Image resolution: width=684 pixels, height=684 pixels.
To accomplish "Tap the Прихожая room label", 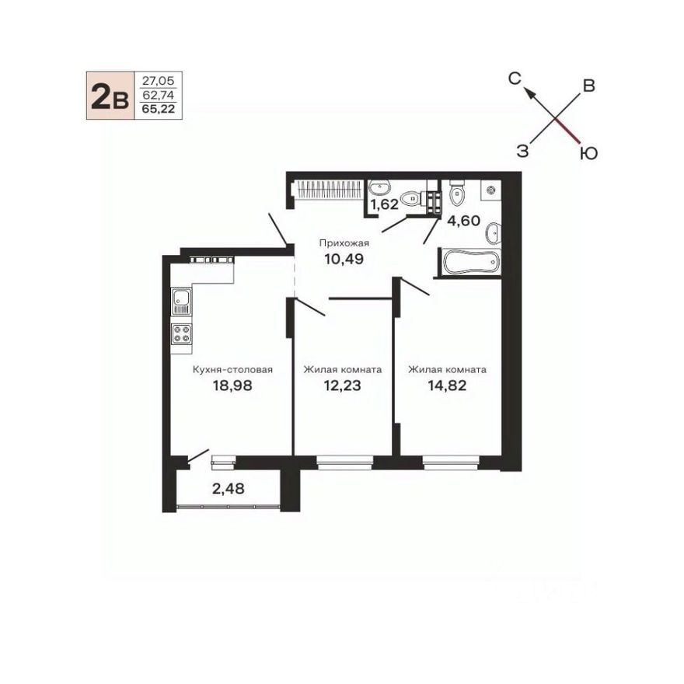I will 344,243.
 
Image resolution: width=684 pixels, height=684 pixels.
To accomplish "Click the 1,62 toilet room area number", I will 383,205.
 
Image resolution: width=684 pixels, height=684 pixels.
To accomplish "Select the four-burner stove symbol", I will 182,334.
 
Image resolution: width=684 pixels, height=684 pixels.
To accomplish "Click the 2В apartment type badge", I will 109,96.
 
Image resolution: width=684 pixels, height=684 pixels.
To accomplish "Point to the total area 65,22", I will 158,110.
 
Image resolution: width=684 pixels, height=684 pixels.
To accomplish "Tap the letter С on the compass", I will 514,77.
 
